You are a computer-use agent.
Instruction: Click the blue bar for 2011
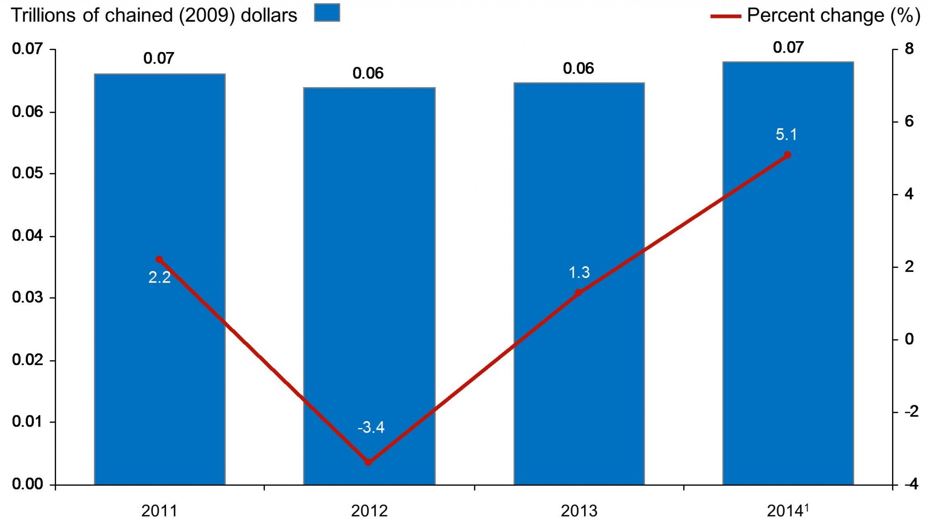tap(160, 365)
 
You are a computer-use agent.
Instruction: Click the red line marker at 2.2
tap(159, 259)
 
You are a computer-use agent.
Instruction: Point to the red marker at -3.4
tap(368, 462)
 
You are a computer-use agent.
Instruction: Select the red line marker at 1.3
tap(578, 292)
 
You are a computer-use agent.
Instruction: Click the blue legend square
tap(327, 12)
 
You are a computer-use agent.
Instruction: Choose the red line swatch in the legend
tap(726, 16)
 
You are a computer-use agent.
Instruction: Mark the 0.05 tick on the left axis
tap(28, 173)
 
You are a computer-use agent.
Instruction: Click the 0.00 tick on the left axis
tap(28, 484)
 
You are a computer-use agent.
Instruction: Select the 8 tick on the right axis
tap(909, 49)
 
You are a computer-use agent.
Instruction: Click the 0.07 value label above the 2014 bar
tap(788, 47)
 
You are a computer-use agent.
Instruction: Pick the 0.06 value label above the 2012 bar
tap(368, 73)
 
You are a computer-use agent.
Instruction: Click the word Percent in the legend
tap(775, 16)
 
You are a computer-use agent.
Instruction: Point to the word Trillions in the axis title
tap(43, 16)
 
